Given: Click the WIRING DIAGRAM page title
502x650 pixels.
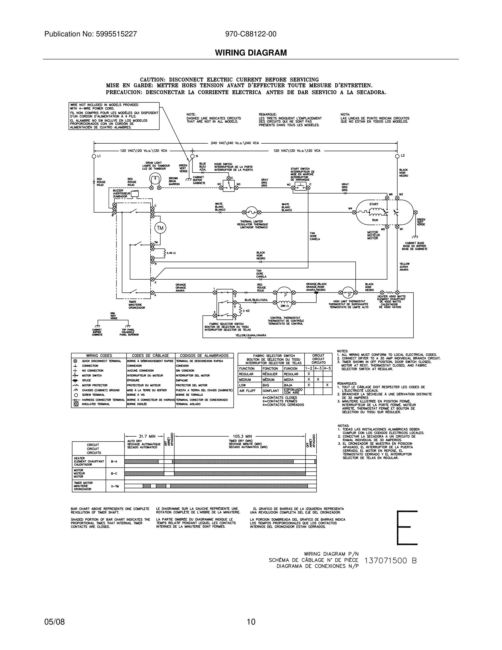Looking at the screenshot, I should pyautogui.click(x=251, y=53).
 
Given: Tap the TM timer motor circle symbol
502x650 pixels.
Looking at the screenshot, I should pyautogui.click(x=160, y=228).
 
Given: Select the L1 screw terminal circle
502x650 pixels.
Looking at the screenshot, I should pyautogui.click(x=94, y=156).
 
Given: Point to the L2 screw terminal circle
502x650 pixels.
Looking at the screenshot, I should pyautogui.click(x=397, y=156).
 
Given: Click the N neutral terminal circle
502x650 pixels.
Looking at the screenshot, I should pyautogui.click(x=192, y=156).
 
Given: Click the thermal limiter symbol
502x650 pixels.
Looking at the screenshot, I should pyautogui.click(x=252, y=212).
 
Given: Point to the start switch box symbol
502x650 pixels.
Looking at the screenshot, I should pyautogui.click(x=300, y=187).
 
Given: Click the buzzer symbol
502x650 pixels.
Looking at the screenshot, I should pyautogui.click(x=135, y=194).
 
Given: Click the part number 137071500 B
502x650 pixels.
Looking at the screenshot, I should pyautogui.click(x=390, y=561).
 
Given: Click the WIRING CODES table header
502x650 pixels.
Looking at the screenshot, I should pyautogui.click(x=99, y=356).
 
